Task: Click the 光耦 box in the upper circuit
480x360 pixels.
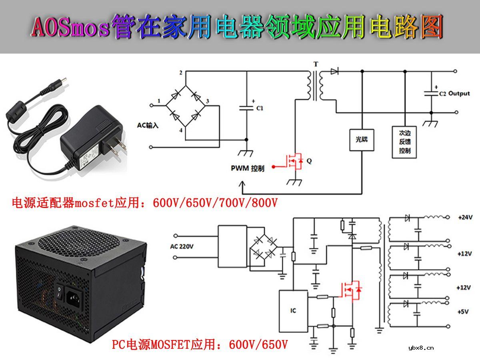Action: [361, 140]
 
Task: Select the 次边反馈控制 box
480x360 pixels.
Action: [405, 142]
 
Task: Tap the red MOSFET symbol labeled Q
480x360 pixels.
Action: [294, 162]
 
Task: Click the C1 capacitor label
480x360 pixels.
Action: [259, 108]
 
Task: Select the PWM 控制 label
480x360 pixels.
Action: [248, 168]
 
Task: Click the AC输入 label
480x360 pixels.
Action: [148, 126]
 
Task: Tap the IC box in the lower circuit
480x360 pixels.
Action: [293, 311]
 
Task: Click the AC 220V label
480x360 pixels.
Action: [182, 246]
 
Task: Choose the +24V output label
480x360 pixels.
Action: [465, 218]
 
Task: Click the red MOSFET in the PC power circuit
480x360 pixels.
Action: [350, 290]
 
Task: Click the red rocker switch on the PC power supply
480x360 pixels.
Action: [59, 292]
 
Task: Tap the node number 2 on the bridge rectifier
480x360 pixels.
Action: [181, 73]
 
